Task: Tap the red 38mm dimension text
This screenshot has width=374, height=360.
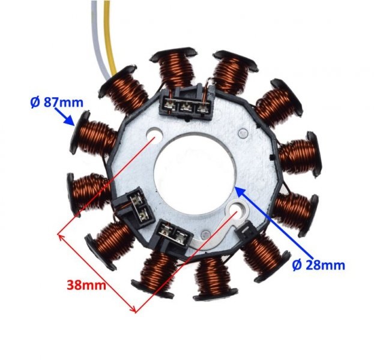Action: tap(86, 284)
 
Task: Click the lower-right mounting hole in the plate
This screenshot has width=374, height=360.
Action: tap(236, 211)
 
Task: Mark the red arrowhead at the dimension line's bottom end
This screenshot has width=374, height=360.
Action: tap(136, 308)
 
